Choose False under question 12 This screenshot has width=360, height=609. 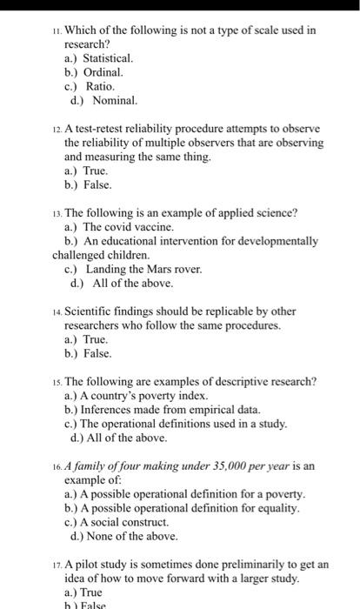(97, 185)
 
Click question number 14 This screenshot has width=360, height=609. (57, 311)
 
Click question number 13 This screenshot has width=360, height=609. (57, 212)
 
